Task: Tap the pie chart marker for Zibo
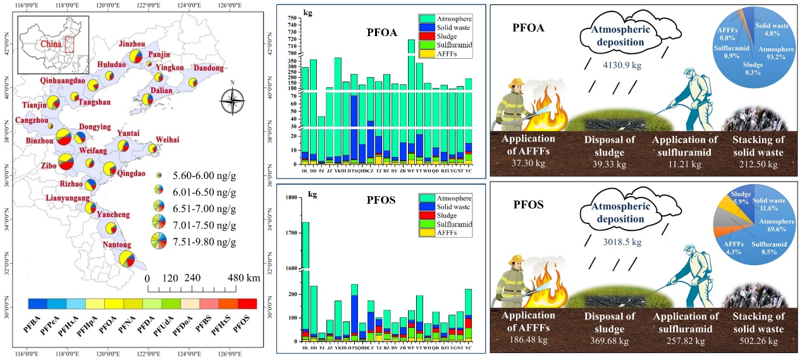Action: click(66, 163)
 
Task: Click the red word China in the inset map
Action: click(51, 44)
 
